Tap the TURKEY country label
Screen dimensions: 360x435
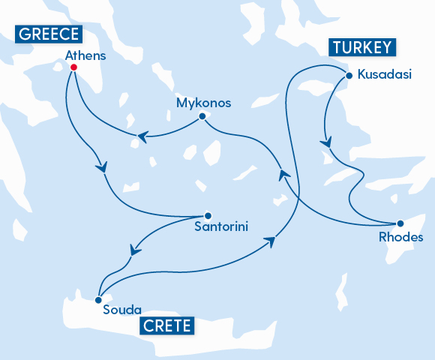pyautogui.click(x=361, y=48)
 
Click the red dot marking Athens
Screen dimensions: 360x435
pyautogui.click(x=73, y=67)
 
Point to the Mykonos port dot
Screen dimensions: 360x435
pyautogui.click(x=202, y=116)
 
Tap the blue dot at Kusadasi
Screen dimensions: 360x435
pyautogui.click(x=348, y=75)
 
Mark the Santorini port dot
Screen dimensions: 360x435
pyautogui.click(x=208, y=212)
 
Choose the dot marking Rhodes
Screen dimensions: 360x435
pyautogui.click(x=400, y=223)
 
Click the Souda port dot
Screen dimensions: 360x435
pyautogui.click(x=98, y=299)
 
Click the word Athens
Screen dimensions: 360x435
pyautogui.click(x=85, y=55)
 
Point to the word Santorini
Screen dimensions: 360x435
pyautogui.click(x=220, y=226)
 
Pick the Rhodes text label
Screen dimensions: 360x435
pyautogui.click(x=402, y=238)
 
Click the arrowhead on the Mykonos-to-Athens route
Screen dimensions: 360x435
pyautogui.click(x=140, y=136)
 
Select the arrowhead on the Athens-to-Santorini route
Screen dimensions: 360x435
pyautogui.click(x=103, y=166)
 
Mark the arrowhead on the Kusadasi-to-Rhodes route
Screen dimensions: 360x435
pyautogui.click(x=325, y=142)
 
